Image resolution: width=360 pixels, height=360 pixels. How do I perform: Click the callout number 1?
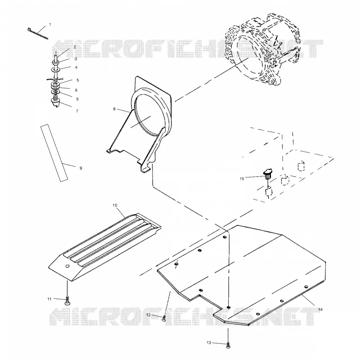50,25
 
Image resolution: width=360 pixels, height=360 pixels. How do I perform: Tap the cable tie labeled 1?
37,33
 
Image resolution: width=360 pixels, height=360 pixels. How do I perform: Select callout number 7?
77,111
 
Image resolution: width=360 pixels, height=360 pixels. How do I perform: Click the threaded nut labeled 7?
55,102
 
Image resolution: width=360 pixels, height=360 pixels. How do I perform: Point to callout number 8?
114,109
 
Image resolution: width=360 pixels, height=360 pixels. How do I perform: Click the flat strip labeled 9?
54,153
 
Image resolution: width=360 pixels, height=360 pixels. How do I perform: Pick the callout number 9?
81,168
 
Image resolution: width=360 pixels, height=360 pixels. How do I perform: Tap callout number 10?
115,205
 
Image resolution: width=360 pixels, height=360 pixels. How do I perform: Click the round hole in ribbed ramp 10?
67,266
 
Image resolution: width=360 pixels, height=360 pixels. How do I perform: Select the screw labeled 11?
67,301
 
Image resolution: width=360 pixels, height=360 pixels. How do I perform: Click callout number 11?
50,299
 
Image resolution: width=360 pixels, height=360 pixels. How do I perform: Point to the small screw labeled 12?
164,318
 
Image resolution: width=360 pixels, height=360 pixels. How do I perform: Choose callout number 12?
149,315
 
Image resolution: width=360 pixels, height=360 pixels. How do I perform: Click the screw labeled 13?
228,345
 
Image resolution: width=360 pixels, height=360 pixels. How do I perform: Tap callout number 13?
209,343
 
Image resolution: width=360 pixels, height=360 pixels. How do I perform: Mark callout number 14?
320,310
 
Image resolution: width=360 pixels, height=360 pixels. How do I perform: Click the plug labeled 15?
268,174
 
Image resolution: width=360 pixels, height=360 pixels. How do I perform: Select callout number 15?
242,179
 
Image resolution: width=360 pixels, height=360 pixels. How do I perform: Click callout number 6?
76,90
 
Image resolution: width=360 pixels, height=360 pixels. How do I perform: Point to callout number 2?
75,47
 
